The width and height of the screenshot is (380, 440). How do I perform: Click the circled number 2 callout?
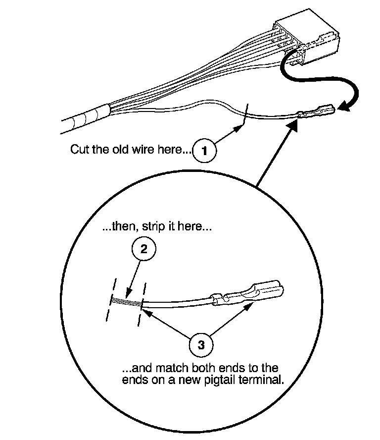coord(143,249)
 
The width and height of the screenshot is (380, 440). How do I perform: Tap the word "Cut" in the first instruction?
coord(80,149)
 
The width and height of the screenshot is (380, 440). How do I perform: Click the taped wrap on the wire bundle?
coord(92,115)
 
